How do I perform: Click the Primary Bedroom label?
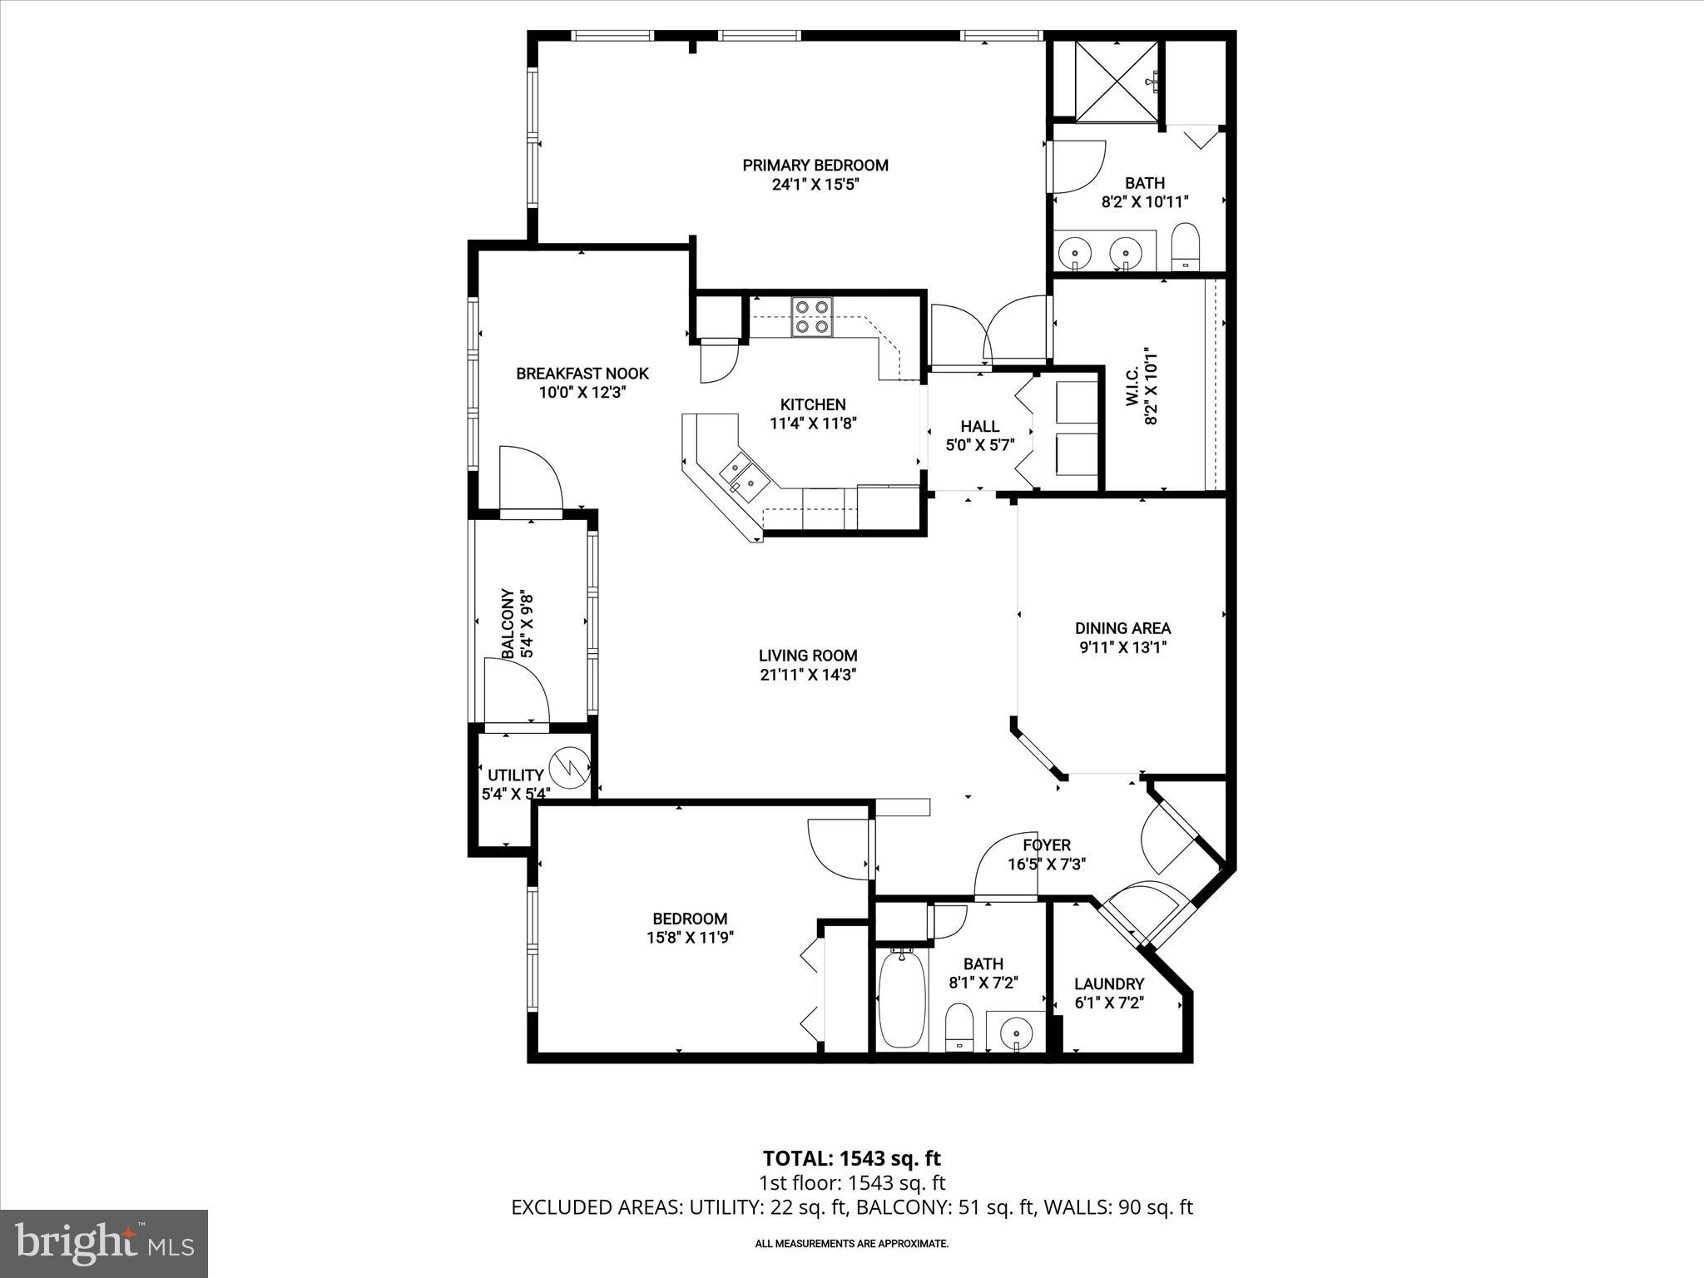(815, 166)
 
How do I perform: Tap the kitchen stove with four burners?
(812, 316)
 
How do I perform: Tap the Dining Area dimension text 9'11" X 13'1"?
(1122, 647)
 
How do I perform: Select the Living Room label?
(807, 656)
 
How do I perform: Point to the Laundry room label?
(1109, 983)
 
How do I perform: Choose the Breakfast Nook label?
(582, 374)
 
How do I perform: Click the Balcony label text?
(507, 624)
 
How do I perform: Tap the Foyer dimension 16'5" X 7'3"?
(1047, 864)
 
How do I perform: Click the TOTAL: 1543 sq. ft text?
(852, 1158)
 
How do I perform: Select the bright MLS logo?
(104, 1244)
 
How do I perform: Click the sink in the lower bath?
(1016, 1033)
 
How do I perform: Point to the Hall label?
(979, 426)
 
